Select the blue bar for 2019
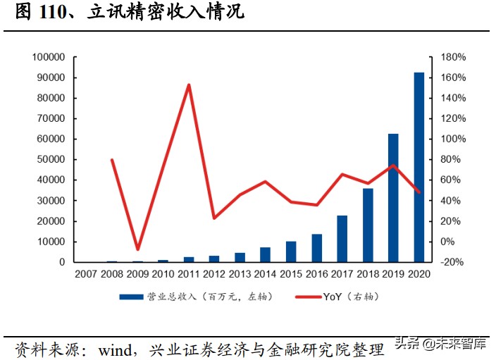pos(393,198)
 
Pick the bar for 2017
pos(342,239)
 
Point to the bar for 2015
pos(291,252)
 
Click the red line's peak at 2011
pos(189,85)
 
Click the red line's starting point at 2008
pos(113,160)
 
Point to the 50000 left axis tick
pos(52,160)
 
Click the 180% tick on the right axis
pos(454,57)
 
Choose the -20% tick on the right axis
pos(454,262)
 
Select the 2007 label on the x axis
pos(87,275)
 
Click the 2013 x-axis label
pos(240,275)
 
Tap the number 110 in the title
pos(52,13)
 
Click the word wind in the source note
pos(120,349)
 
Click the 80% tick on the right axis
pos(452,160)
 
